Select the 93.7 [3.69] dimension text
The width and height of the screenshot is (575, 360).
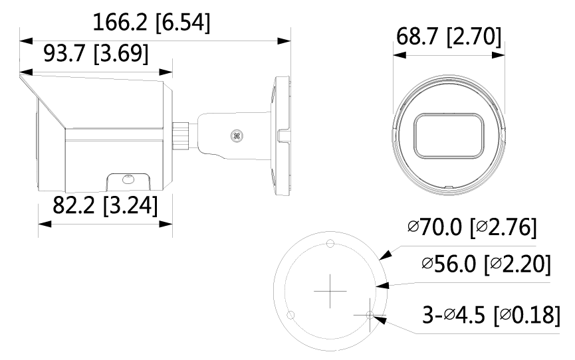click(96, 52)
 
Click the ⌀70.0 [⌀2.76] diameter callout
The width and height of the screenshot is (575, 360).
click(472, 228)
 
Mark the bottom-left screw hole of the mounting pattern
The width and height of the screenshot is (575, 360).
click(289, 314)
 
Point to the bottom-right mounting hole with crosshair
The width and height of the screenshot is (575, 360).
click(370, 314)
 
